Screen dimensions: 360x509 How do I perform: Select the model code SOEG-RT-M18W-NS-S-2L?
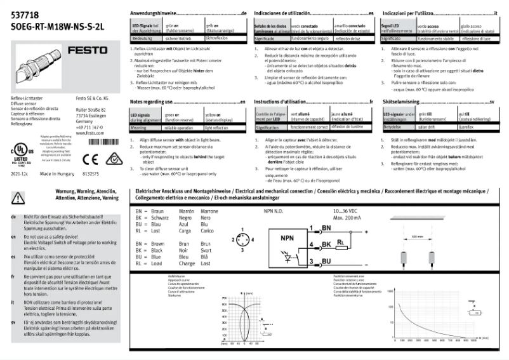coord(48,27)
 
